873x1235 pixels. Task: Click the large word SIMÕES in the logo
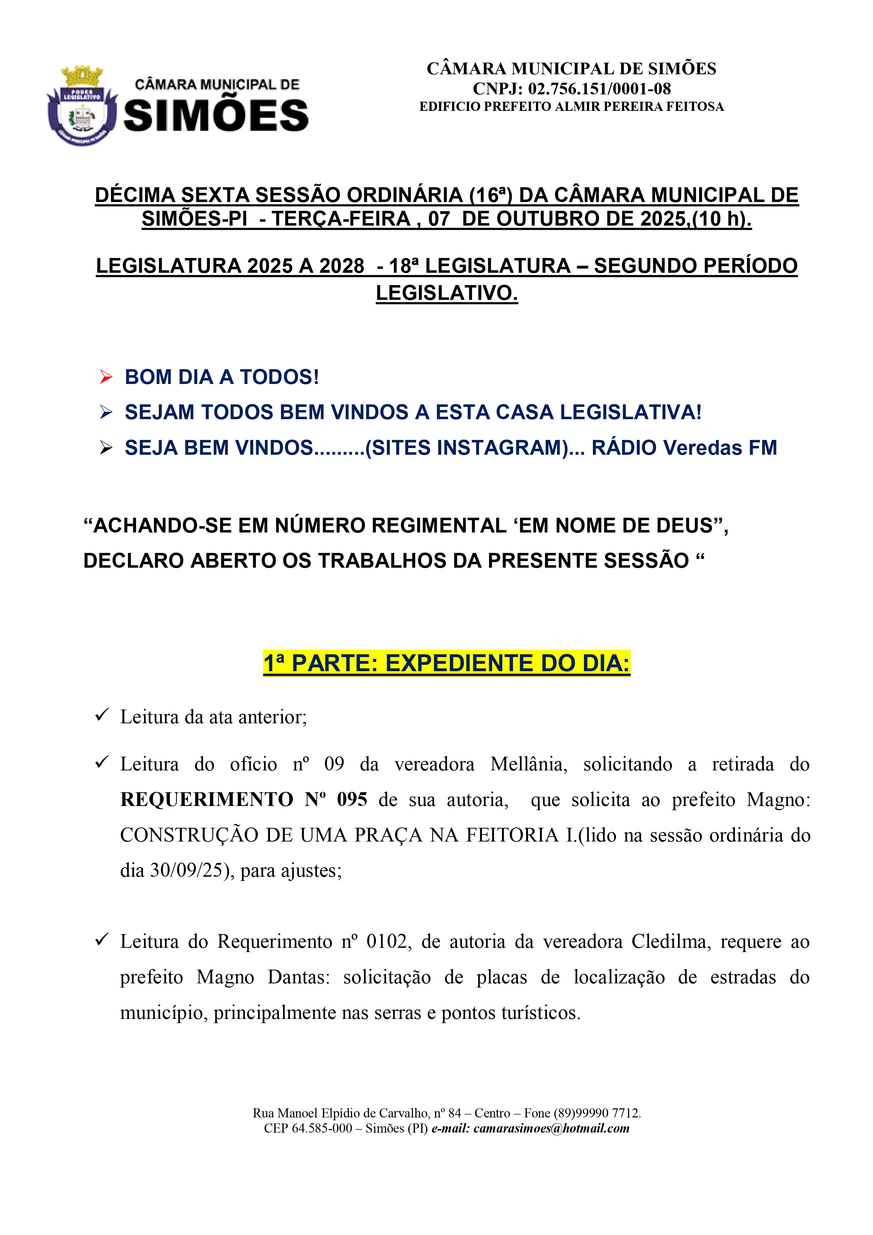coord(216,116)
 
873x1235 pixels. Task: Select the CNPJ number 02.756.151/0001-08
coord(599,89)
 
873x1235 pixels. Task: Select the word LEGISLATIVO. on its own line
coord(446,293)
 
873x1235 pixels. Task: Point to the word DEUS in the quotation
coord(686,525)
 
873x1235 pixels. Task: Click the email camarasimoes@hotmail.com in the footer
coord(551,1128)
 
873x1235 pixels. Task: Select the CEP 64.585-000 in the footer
coord(322,1128)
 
